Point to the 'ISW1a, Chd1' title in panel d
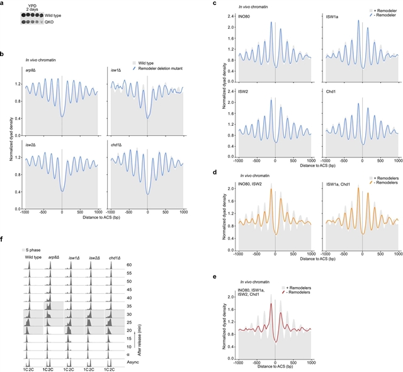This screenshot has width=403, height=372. pyautogui.click(x=339, y=183)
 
